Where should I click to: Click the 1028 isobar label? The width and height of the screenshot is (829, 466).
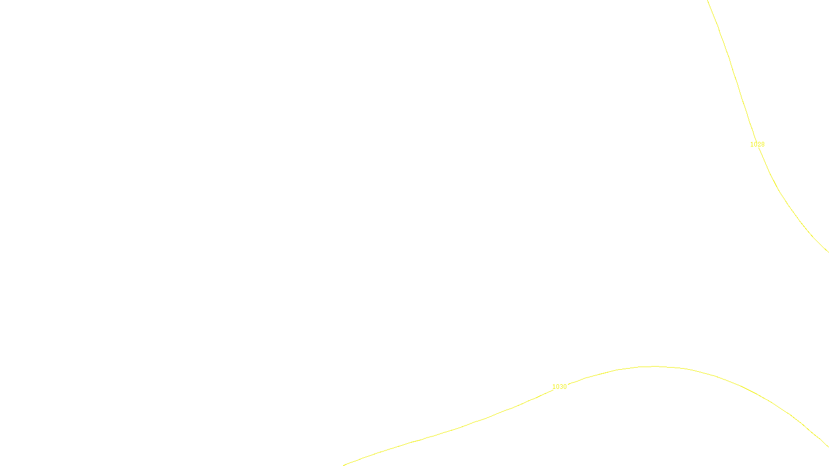tap(757, 144)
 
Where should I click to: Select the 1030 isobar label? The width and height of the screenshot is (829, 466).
tap(559, 387)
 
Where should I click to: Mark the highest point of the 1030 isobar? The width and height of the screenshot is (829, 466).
tap(654, 367)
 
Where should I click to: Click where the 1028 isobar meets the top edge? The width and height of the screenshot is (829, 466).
tap(708, 1)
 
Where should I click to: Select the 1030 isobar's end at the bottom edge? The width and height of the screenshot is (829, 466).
tap(344, 464)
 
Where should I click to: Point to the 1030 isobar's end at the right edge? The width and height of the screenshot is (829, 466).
tap(827, 446)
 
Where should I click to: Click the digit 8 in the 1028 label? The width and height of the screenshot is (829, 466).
tap(763, 144)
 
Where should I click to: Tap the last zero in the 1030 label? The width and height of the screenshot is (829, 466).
tap(565, 387)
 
